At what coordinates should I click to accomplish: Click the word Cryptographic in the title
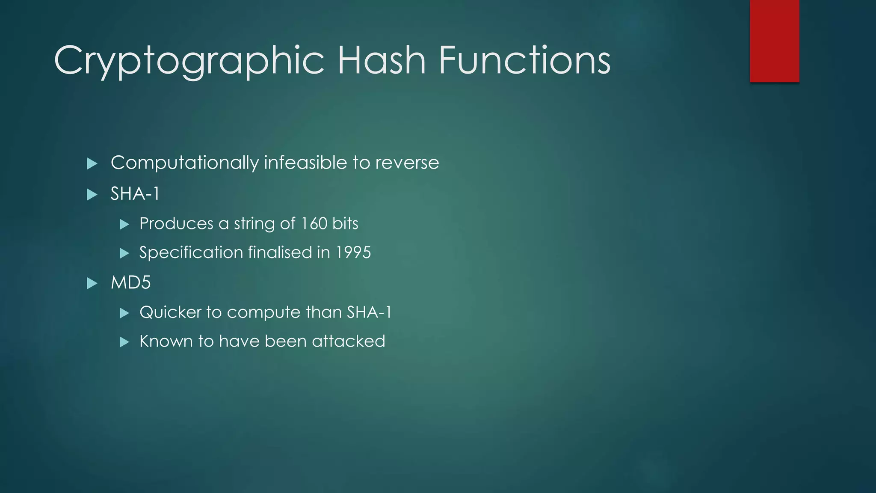tap(189, 61)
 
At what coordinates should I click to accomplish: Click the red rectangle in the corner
tap(774, 41)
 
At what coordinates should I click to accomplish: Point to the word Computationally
tap(185, 163)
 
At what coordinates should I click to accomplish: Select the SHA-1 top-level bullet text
tap(135, 194)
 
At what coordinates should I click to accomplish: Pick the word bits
tap(345, 223)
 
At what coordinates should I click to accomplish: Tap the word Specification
tap(191, 253)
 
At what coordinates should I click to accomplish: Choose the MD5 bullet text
tap(130, 283)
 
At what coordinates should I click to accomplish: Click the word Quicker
tap(170, 312)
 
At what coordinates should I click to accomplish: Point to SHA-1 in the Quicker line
tap(369, 312)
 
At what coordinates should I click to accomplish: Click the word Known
tap(166, 342)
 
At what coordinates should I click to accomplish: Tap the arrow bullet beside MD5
tap(92, 283)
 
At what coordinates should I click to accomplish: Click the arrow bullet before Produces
tap(124, 224)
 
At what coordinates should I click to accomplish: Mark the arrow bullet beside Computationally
tap(92, 163)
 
